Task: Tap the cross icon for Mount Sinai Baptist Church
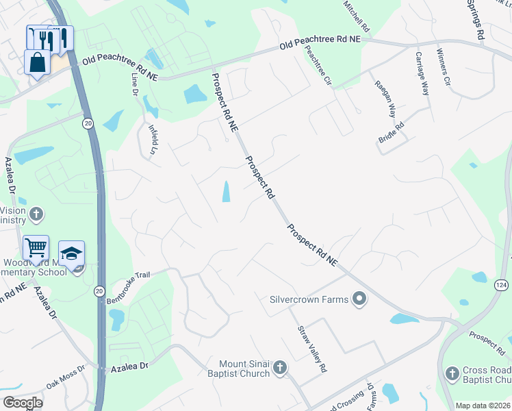coord(279,369)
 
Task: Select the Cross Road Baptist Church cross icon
coord(452,373)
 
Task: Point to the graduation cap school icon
coord(72,253)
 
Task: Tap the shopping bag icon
coord(37,62)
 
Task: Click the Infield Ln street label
coord(154,138)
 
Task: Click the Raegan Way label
coord(385,97)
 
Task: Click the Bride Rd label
coord(392,132)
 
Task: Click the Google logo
coord(23,403)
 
